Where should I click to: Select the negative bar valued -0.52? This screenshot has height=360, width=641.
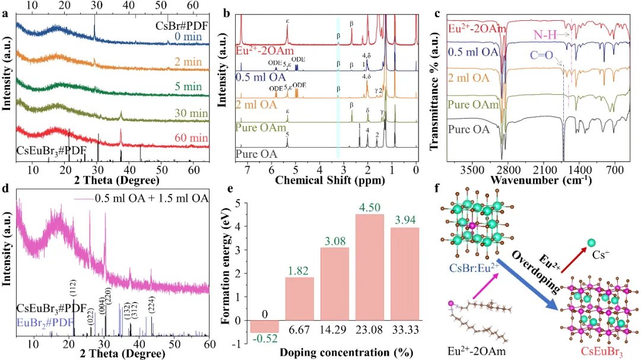(x=264, y=326)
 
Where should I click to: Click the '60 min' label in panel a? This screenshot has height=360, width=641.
(x=192, y=138)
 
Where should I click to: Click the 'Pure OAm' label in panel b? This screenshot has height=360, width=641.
(x=257, y=127)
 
